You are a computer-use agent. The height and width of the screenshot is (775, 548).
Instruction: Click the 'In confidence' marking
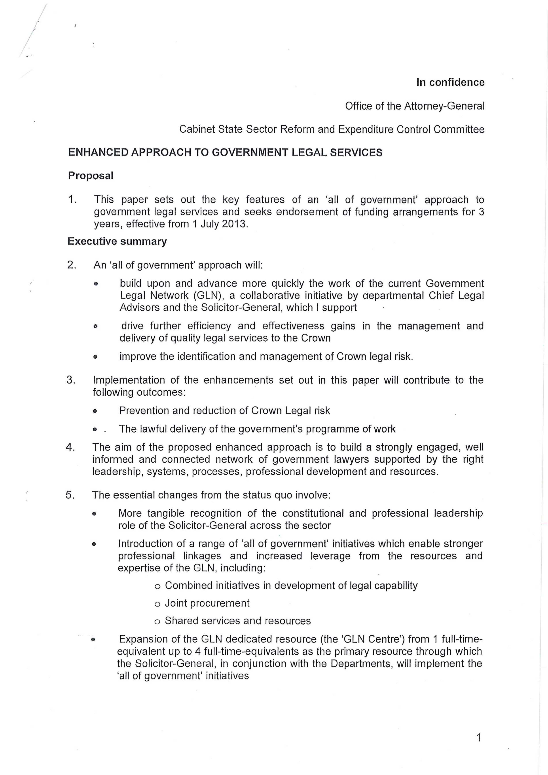[450, 82]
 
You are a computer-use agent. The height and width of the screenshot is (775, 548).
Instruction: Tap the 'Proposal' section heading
[90, 175]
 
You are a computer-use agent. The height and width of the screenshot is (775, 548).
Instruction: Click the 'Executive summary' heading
[117, 241]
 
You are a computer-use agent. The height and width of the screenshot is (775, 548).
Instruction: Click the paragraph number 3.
[71, 380]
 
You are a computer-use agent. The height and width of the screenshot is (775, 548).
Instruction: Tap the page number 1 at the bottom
[478, 738]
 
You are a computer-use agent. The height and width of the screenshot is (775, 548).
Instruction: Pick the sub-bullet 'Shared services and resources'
[238, 621]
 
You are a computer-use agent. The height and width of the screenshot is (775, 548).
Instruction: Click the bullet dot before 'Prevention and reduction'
[95, 411]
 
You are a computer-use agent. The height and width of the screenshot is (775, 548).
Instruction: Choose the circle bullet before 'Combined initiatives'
[157, 586]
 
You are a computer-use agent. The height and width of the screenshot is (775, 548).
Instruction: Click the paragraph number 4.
[70, 447]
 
